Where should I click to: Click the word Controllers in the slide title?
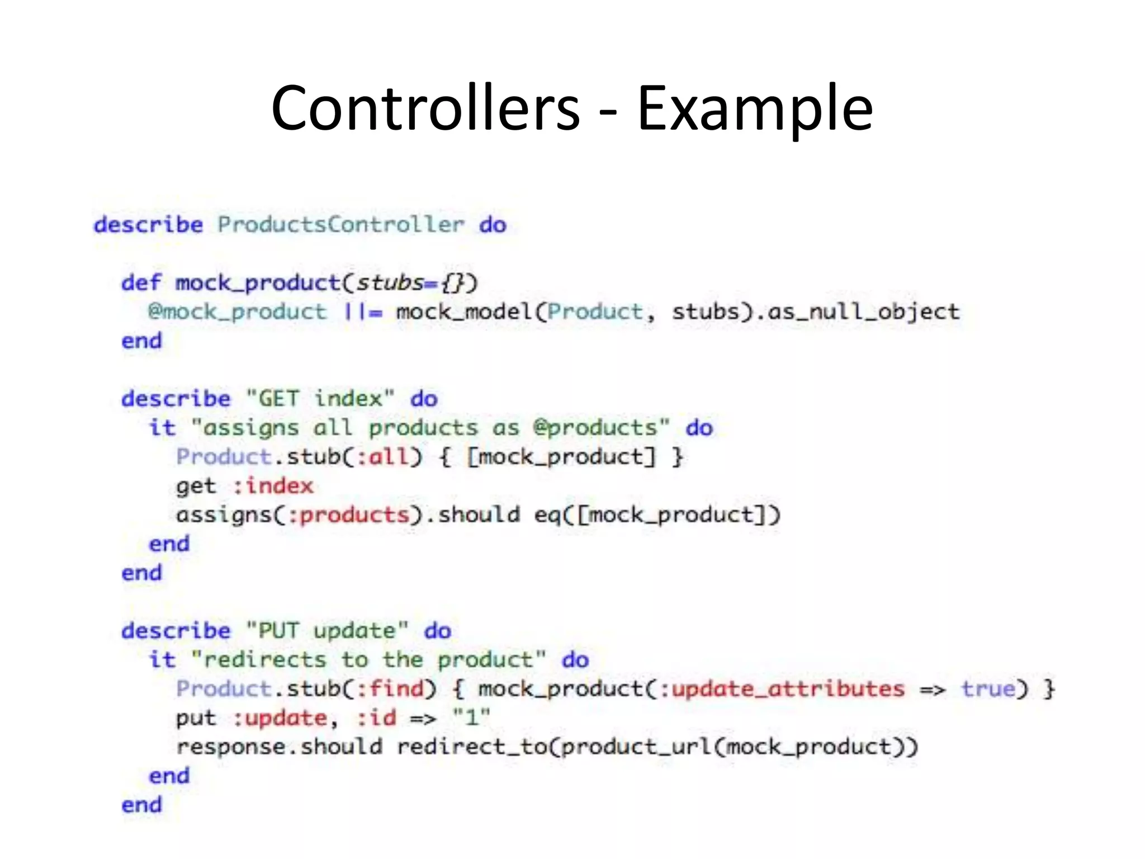pos(425,108)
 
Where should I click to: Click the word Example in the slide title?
pos(755,108)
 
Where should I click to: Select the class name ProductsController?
pos(340,225)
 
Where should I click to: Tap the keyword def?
pos(141,283)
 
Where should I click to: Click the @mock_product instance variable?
pos(237,312)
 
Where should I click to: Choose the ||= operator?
pos(363,312)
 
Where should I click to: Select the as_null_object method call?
pos(864,312)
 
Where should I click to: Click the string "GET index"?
pos(320,399)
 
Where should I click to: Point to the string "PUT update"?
pos(327,631)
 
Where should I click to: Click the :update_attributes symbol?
pos(782,689)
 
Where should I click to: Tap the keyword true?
pos(988,689)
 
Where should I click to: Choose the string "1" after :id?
pos(471,718)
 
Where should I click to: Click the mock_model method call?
pos(463,312)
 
